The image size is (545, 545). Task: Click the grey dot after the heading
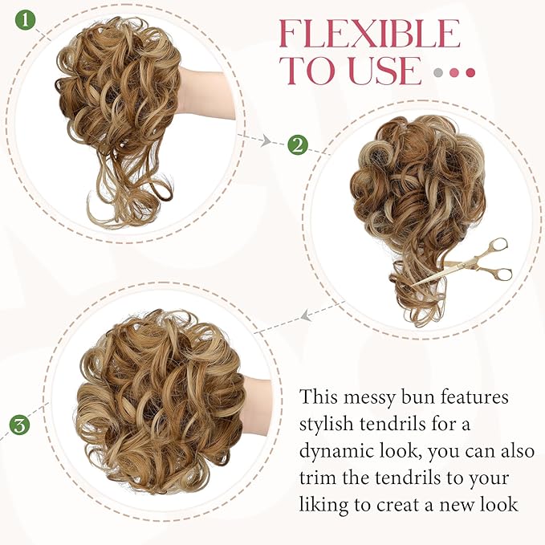point(438,72)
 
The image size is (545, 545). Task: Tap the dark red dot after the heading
point(470,72)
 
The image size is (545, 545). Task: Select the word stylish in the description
point(329,424)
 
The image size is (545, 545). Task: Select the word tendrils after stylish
point(413,424)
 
